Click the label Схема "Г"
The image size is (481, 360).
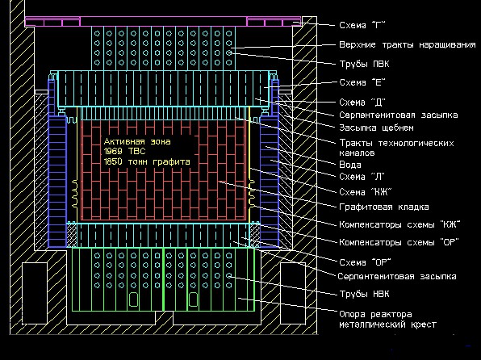click(362, 25)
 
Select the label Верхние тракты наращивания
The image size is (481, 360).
click(408, 45)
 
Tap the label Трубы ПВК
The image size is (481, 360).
click(364, 64)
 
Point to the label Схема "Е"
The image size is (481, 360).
click(362, 82)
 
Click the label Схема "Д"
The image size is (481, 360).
click(362, 102)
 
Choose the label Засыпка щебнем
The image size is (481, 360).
click(376, 128)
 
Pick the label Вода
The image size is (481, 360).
click(350, 165)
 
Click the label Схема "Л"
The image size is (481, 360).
click(362, 177)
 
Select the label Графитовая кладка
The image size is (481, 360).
click(384, 207)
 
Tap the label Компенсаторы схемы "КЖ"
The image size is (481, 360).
click(399, 224)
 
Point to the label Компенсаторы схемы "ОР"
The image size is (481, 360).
click(399, 242)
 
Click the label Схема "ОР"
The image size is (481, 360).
click(365, 262)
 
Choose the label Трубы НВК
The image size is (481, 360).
click(364, 294)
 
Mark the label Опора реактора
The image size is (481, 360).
click(375, 315)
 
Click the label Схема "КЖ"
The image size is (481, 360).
click(366, 192)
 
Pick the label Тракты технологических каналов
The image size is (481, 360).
click(396, 148)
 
